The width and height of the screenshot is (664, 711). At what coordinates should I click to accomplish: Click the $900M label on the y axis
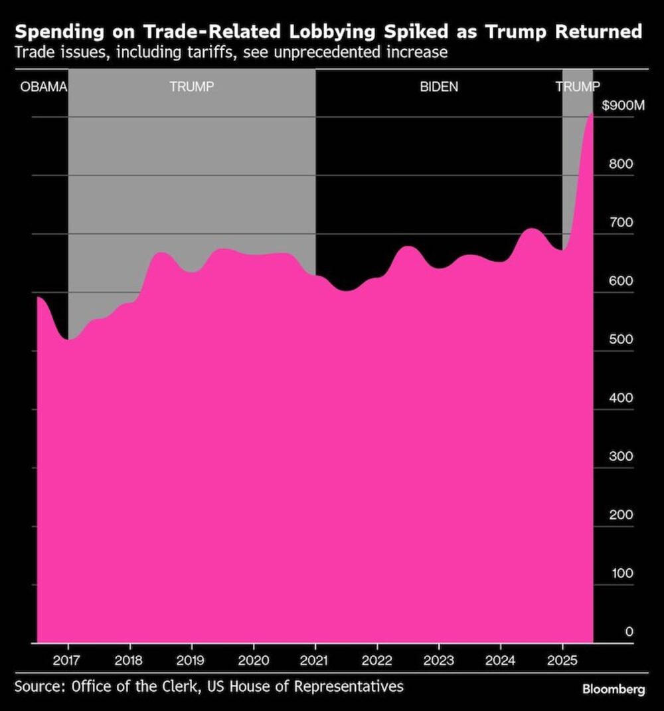[623, 106]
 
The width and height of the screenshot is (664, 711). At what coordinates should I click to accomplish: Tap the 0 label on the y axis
[629, 631]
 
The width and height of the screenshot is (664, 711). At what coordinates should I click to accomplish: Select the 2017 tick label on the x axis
[68, 660]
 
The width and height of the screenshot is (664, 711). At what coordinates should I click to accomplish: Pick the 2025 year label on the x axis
[562, 660]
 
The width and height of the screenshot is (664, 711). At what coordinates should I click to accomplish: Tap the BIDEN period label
[439, 86]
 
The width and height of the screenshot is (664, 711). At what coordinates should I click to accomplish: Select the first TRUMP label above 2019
[191, 86]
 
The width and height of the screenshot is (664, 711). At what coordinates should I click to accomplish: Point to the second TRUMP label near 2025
[577, 86]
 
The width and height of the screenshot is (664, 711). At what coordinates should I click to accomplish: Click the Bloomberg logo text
[614, 689]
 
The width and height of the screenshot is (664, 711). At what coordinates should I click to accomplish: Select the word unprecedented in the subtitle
[303, 52]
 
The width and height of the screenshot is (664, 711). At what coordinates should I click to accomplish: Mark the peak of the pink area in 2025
[590, 114]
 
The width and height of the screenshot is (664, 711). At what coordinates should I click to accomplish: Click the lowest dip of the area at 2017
[68, 340]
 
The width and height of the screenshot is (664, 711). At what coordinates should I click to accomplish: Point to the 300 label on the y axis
[622, 456]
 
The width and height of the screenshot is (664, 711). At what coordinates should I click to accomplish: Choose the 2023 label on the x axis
[438, 660]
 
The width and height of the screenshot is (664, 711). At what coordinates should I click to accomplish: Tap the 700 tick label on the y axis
[622, 222]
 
